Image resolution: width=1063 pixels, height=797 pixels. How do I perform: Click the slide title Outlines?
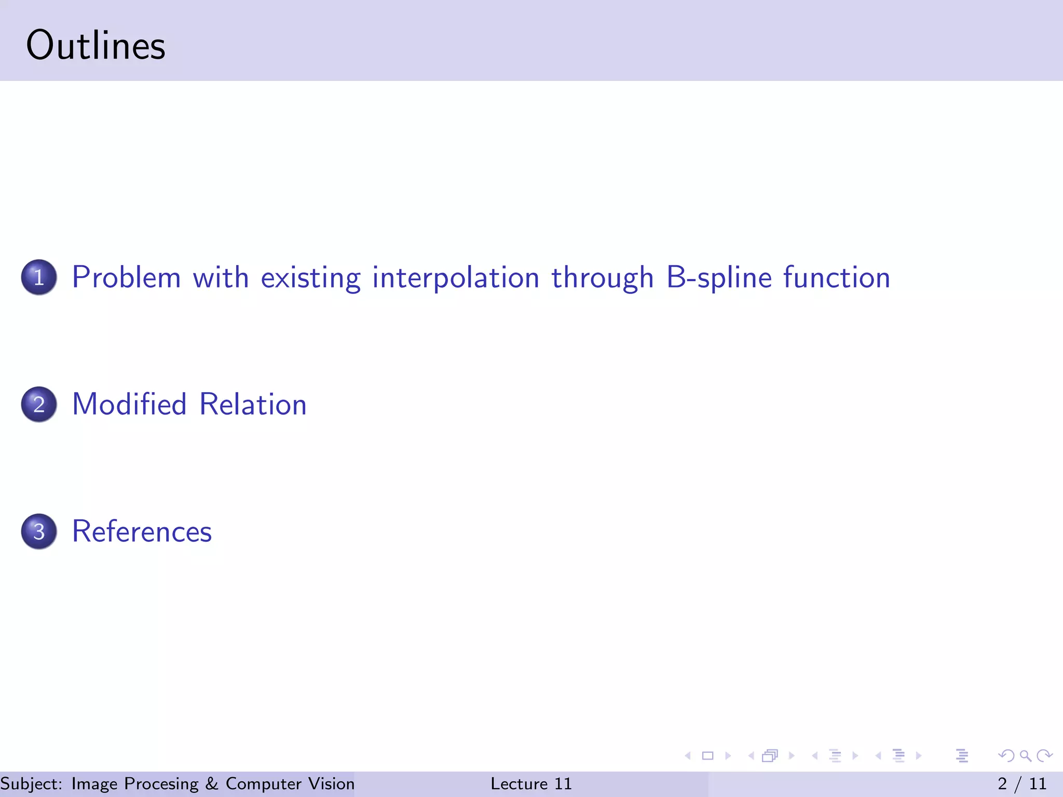[96, 46]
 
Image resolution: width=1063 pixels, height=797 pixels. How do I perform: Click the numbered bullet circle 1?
[39, 277]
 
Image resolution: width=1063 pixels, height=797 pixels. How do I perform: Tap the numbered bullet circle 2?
[39, 404]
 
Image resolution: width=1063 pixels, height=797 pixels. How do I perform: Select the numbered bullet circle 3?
[39, 531]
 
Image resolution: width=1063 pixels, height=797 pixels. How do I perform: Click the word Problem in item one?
[126, 277]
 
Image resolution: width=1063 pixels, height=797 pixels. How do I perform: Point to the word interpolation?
[456, 277]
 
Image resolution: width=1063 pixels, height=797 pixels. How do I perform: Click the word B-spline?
[719, 277]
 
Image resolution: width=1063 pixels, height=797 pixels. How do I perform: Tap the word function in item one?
[836, 277]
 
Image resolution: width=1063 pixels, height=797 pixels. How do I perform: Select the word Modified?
[129, 404]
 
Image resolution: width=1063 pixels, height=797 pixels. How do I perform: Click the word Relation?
[253, 404]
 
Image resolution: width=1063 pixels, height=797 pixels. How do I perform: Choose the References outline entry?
[142, 531]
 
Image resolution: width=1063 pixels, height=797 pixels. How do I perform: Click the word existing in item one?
[310, 277]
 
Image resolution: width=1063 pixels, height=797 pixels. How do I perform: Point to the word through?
[602, 277]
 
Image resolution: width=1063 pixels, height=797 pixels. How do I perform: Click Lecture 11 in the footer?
[531, 784]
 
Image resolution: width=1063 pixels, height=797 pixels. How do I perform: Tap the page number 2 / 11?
[1021, 784]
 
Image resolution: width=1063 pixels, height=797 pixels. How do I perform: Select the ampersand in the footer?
[212, 784]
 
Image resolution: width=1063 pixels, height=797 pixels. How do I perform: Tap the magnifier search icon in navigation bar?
[1025, 755]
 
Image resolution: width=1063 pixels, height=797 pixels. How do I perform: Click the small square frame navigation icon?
[707, 755]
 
